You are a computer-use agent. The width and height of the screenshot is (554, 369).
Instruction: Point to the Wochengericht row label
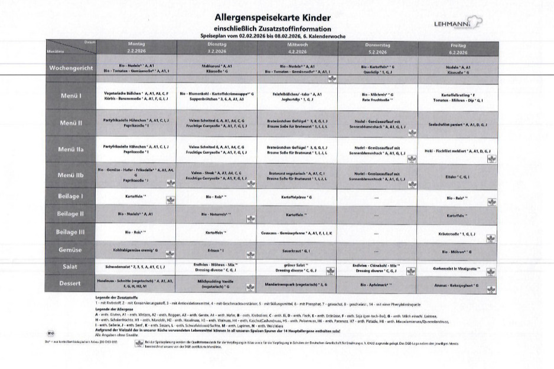tap(71, 69)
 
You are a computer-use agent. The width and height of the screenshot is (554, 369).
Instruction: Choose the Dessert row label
tap(71, 284)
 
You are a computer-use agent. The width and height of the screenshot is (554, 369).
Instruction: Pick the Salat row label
tap(71, 267)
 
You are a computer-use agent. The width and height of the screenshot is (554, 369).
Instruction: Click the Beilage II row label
tap(71, 213)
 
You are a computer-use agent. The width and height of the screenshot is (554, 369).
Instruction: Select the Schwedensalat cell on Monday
tap(135, 267)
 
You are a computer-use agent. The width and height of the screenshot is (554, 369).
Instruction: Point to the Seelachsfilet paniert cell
tap(458, 124)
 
